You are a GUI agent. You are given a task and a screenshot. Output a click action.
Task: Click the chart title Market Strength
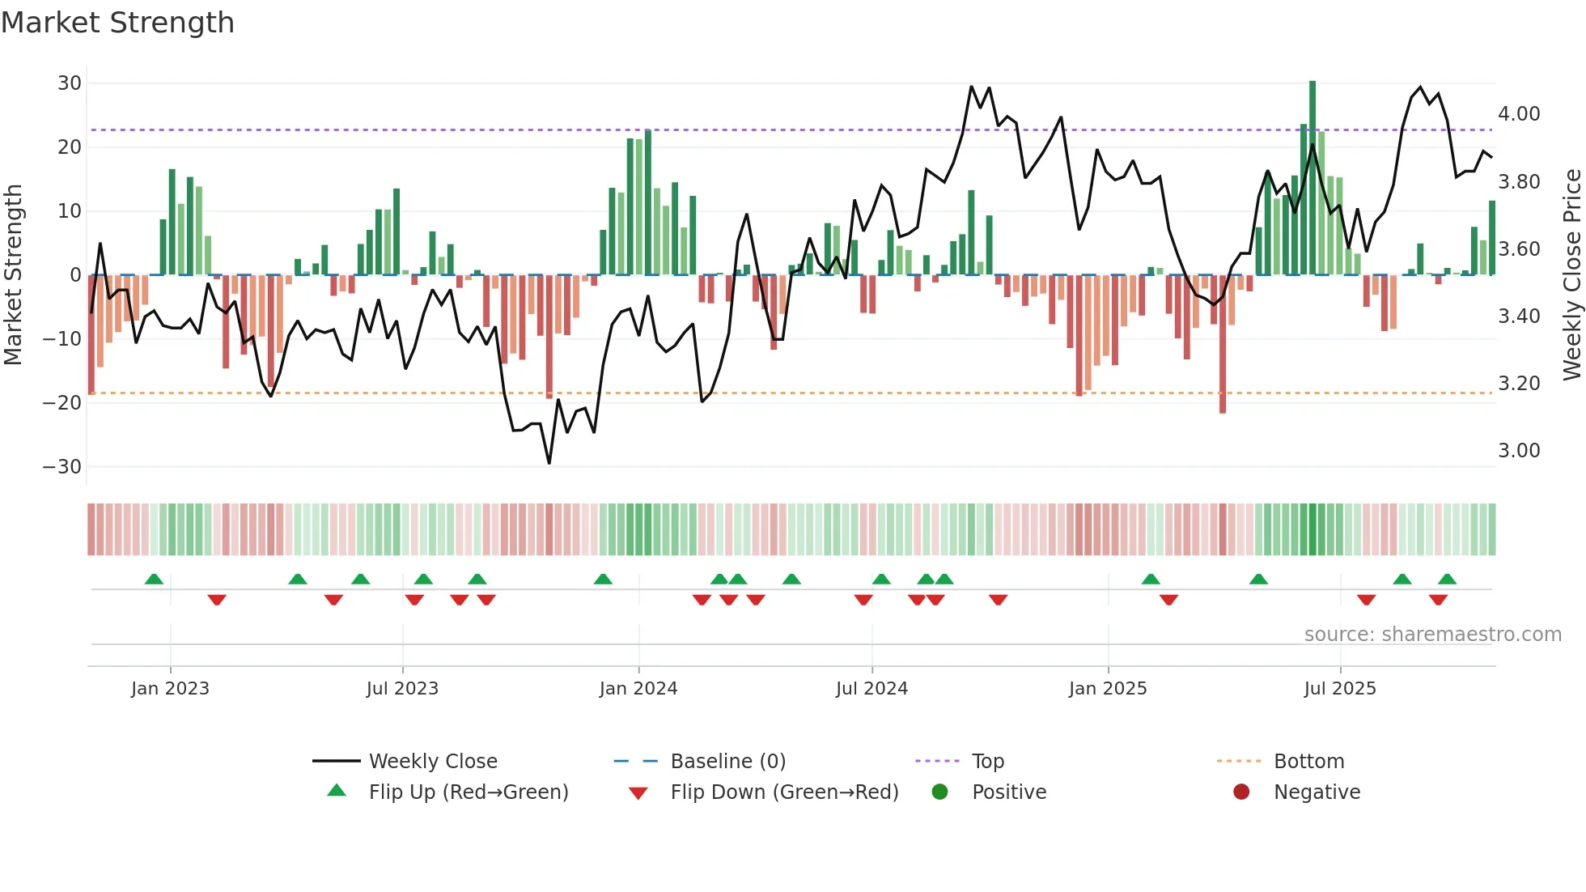tap(117, 23)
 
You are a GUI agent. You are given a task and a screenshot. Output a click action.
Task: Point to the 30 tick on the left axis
tap(70, 83)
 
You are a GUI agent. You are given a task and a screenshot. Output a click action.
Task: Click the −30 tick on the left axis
tap(62, 467)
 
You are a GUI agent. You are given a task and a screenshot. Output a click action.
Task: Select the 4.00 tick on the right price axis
tap(1519, 114)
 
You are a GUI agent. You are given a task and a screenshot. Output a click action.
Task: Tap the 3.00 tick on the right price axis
tap(1519, 451)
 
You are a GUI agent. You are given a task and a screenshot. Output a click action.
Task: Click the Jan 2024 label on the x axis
tap(638, 689)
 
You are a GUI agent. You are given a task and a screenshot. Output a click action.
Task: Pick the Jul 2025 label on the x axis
tap(1340, 689)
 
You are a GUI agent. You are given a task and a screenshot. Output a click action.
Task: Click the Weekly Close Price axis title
tap(1571, 275)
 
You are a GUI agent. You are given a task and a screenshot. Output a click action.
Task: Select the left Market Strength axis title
tap(13, 275)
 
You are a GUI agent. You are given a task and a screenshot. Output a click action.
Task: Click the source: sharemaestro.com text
tap(1432, 635)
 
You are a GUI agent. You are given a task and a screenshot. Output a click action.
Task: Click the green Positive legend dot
tap(939, 792)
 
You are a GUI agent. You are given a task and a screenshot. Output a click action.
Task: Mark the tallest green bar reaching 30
tap(1312, 178)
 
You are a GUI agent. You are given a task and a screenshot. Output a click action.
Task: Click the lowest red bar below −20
tap(1223, 344)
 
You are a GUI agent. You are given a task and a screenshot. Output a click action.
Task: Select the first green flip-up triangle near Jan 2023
tap(154, 579)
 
